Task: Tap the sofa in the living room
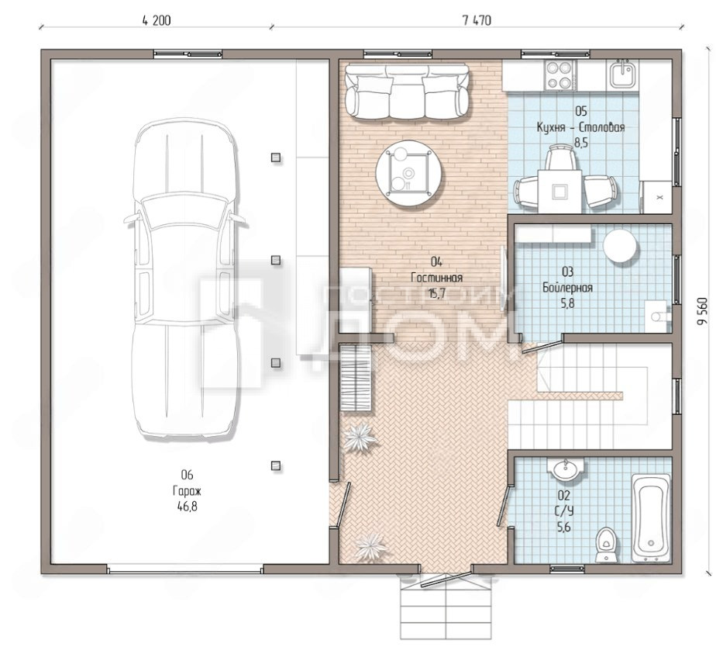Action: click(407, 92)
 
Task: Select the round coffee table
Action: click(408, 173)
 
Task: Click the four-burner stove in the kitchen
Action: click(559, 76)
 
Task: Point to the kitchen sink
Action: click(623, 74)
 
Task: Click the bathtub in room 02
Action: click(651, 517)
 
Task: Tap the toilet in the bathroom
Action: click(604, 545)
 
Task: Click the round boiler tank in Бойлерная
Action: click(620, 245)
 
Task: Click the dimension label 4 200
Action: click(157, 21)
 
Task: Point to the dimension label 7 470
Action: click(477, 21)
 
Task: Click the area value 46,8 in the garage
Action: click(188, 507)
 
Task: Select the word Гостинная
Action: click(436, 278)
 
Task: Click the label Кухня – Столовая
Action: click(580, 127)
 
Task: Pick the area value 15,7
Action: click(436, 293)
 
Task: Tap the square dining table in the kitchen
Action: click(559, 191)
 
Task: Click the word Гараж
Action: click(188, 490)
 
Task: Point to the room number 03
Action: click(567, 272)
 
